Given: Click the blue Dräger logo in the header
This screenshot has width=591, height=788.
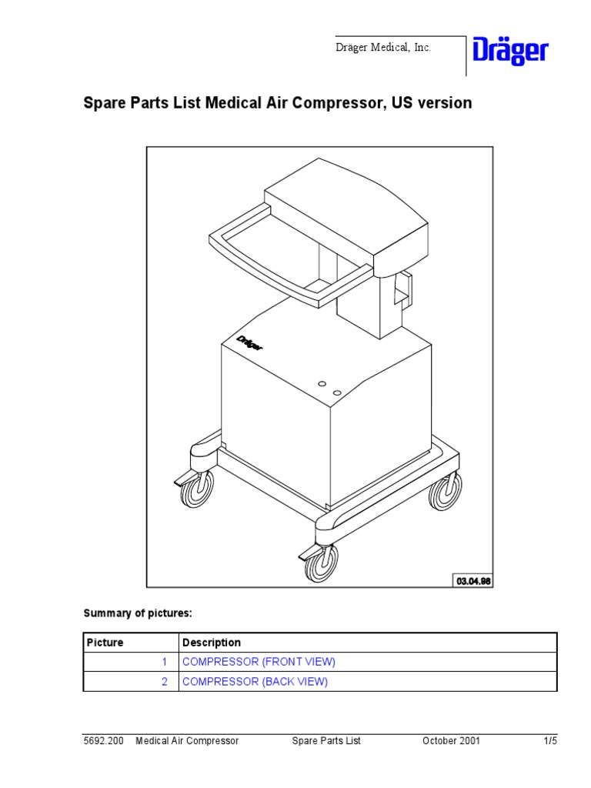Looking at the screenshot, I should (x=510, y=52).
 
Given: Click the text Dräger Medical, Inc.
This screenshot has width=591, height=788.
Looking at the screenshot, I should (x=382, y=48).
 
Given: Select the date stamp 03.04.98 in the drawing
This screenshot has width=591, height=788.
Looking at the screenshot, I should (x=474, y=580).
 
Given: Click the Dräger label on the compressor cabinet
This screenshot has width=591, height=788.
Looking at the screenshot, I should (x=249, y=342).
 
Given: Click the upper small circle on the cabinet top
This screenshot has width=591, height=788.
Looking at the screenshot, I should (x=322, y=382).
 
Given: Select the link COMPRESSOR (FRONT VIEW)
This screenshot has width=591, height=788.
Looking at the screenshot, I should (x=259, y=662).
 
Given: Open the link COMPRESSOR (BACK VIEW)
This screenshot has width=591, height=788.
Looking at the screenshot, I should (x=255, y=682).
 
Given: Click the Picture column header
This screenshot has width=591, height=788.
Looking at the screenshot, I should (x=105, y=643).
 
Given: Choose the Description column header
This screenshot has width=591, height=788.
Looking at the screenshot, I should (x=212, y=643).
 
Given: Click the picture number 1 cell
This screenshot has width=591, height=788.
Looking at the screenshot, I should (x=164, y=662).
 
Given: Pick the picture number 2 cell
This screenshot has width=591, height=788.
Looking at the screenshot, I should (x=164, y=682).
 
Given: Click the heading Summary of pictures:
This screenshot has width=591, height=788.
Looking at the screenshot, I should (x=138, y=613).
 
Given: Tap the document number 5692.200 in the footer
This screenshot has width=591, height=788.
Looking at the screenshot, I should (x=104, y=741).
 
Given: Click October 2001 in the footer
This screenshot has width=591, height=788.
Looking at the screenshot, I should (x=451, y=741).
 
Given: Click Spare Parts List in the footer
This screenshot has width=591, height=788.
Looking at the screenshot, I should (x=326, y=741).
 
